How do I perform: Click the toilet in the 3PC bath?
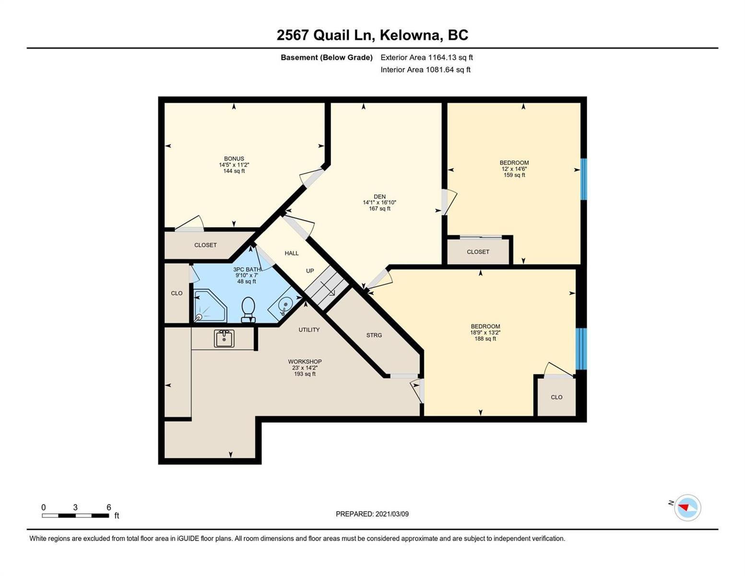(248, 310)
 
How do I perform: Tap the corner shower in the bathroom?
(209, 306)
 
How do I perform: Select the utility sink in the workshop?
(224, 338)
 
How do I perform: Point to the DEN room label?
(379, 197)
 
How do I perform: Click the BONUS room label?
(234, 158)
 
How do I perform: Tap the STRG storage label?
(374, 335)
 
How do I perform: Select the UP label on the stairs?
(310, 271)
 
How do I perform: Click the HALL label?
(291, 253)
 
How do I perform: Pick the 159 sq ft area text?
(514, 175)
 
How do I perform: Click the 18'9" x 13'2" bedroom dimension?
(485, 333)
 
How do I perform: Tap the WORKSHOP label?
(305, 361)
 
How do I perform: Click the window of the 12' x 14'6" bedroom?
(583, 179)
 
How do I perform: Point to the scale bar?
(75, 515)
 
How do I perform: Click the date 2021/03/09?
(392, 514)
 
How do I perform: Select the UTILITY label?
(309, 330)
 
